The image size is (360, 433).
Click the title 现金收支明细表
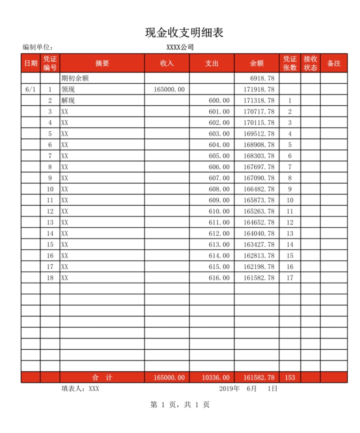click(184, 32)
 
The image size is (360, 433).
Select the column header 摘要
click(102, 63)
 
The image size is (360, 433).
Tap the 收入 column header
click(166, 63)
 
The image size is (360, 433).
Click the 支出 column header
click(211, 63)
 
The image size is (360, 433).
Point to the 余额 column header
click(256, 63)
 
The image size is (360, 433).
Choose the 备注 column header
click(333, 63)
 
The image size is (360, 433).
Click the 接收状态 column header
click(310, 63)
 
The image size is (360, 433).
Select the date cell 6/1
click(31, 90)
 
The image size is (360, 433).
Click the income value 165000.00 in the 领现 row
click(169, 90)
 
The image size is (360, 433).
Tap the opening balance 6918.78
click(262, 78)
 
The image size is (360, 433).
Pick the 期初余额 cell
click(75, 78)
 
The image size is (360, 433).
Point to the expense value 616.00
click(219, 278)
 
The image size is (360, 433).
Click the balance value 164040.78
click(259, 234)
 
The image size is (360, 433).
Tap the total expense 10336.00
click(216, 378)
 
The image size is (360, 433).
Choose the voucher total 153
click(290, 378)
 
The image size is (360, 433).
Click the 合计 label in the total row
click(102, 378)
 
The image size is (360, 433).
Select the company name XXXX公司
click(180, 47)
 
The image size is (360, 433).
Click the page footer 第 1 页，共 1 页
click(180, 405)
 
